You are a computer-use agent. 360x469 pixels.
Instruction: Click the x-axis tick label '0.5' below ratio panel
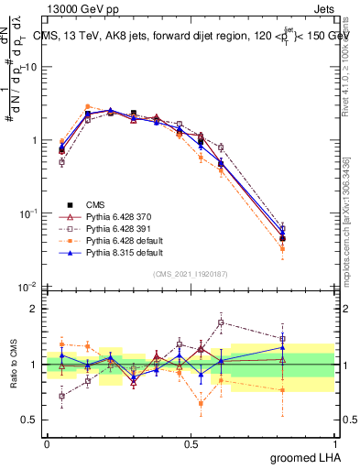click(191, 442)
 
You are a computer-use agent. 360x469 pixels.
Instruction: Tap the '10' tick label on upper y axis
click(29, 67)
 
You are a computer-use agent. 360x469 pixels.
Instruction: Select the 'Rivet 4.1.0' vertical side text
click(351, 55)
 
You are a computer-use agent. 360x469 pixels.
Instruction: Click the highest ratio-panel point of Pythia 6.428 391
click(221, 322)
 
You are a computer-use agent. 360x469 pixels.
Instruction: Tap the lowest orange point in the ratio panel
click(202, 403)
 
